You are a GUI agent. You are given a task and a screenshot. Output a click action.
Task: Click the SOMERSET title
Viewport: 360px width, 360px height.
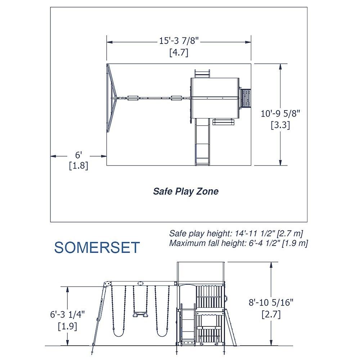97,247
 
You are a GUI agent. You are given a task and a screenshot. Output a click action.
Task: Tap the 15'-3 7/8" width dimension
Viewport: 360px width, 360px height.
179,41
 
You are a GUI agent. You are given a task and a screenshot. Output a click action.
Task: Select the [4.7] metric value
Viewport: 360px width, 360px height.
179,52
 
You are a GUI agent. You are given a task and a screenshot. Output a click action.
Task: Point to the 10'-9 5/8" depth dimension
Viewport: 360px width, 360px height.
280,113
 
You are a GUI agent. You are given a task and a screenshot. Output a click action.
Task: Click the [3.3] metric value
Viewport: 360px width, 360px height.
280,125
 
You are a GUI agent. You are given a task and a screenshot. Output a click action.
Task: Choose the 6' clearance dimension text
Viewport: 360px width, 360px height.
78,155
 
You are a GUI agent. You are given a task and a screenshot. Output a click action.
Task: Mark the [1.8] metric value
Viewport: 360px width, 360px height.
78,166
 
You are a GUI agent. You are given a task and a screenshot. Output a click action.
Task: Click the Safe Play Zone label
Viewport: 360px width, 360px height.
186,191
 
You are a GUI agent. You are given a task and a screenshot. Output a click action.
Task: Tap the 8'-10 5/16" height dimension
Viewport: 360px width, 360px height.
271,302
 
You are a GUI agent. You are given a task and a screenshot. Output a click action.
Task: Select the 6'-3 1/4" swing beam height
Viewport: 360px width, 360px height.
68,314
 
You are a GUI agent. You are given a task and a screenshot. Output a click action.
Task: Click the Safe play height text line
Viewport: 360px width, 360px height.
236,233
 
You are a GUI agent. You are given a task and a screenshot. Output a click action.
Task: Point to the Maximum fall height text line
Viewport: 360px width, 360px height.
239,243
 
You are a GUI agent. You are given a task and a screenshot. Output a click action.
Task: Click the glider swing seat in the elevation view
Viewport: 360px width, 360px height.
140,314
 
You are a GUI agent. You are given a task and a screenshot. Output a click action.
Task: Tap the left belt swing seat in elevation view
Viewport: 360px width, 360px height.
119,333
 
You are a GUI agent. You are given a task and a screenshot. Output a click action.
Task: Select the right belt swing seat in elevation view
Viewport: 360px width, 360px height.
162,333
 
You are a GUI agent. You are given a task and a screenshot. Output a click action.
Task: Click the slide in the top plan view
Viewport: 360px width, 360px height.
202,142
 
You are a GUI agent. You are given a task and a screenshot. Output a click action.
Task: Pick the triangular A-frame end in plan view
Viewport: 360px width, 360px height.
112,98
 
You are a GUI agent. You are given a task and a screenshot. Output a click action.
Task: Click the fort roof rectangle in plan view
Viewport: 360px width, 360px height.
215,98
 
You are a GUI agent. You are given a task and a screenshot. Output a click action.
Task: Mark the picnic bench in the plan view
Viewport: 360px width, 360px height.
224,122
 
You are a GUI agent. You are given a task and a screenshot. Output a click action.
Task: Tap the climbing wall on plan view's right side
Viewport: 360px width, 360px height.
245,98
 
